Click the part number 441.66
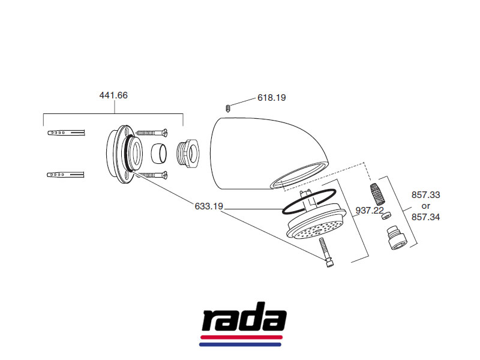pos(113,95)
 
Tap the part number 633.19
pos(209,206)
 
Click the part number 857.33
pos(425,195)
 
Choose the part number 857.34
pos(425,217)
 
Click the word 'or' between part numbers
pos(425,206)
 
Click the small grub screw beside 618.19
pos(229,108)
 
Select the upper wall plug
pos(66,132)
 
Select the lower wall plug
pos(66,175)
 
